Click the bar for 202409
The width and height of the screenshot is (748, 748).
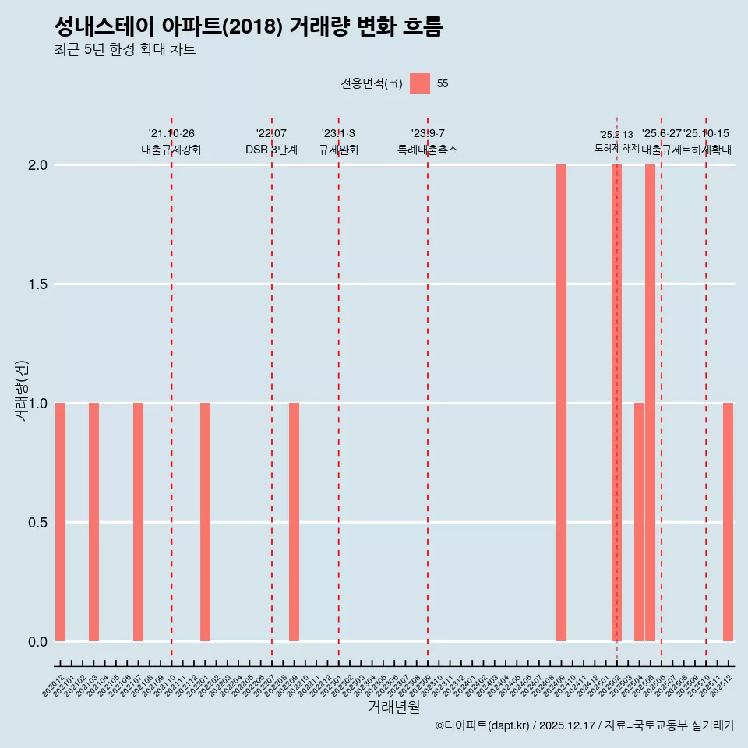561,403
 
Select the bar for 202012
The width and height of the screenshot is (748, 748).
60,522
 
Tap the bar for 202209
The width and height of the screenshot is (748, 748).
294,522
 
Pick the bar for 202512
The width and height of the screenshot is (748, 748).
728,522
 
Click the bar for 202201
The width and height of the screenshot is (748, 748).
205,522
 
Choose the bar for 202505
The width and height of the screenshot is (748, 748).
650,403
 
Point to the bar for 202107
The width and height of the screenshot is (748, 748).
138,522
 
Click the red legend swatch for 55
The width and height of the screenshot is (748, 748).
420,83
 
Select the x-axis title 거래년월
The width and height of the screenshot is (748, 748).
393,707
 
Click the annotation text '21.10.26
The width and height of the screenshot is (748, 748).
171,134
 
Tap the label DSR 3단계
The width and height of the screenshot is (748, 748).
271,150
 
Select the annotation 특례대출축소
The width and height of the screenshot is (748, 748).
428,150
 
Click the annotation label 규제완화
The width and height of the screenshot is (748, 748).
338,150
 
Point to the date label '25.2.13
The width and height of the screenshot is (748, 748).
616,135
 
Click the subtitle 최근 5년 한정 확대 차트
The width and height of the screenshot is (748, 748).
125,50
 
